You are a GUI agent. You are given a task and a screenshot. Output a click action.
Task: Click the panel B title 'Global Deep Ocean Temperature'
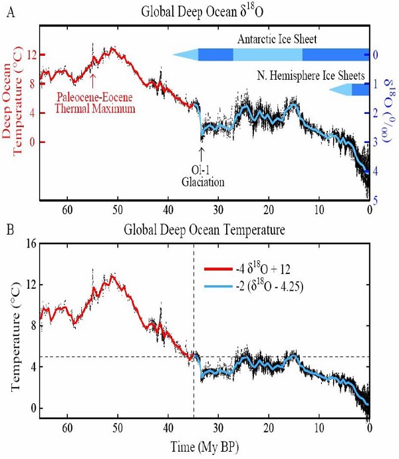coord(203,231)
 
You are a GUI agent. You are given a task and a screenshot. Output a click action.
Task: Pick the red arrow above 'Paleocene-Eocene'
coord(92,81)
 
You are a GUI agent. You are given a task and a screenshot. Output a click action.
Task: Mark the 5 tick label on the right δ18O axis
coord(377,200)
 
